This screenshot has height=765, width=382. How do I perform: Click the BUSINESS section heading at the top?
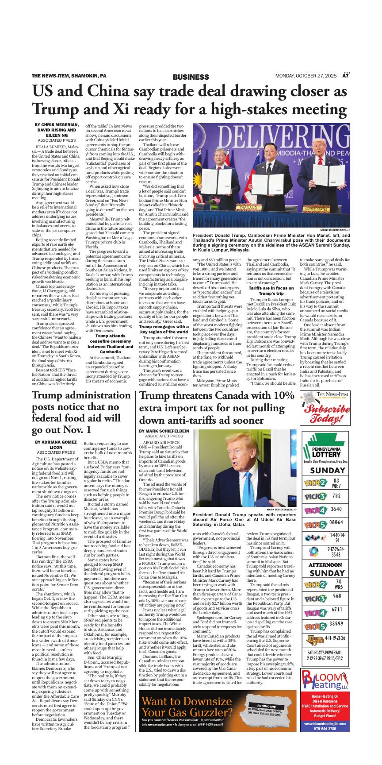(191, 77)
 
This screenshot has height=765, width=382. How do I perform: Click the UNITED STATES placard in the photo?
(328, 208)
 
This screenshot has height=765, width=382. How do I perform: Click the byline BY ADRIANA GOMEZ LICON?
(56, 444)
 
